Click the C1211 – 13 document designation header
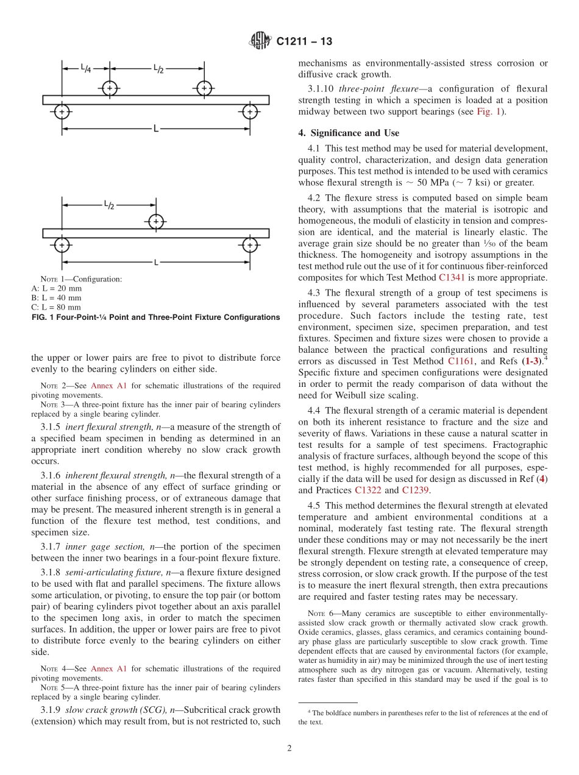point(304,42)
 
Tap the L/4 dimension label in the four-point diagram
point(87,68)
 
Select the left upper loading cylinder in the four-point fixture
point(110,88)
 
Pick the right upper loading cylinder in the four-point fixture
point(204,88)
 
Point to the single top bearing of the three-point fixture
point(157,221)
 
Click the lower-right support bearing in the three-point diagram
point(250,244)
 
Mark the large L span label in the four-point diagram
point(156,129)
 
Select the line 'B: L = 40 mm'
point(56,298)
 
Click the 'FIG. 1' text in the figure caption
point(41,317)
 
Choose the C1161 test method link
point(460,361)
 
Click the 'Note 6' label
point(316,614)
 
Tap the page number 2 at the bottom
point(289,749)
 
